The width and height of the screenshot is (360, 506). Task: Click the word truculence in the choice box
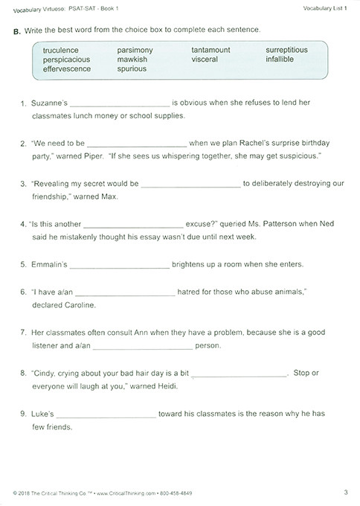tap(62, 50)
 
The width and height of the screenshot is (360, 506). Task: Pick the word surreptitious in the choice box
tap(286, 50)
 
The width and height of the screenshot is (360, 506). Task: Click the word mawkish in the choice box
tap(133, 59)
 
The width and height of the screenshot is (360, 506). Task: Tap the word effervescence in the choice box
tap(67, 68)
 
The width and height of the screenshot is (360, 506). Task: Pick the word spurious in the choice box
tap(133, 68)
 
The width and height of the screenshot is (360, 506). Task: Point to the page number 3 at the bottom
tap(347, 491)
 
